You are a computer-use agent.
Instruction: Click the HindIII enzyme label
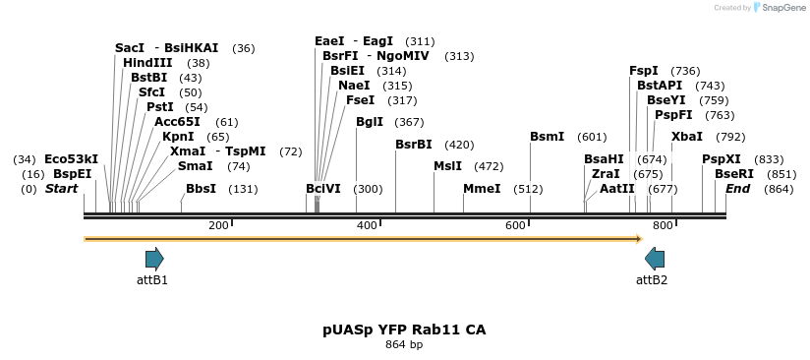147,63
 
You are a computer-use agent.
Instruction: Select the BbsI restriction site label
201,189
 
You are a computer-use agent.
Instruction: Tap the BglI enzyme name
370,122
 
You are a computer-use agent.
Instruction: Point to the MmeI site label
482,189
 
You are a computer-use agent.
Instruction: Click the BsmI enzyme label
548,137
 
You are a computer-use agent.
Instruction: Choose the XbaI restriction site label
687,137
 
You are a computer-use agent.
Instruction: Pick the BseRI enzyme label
734,174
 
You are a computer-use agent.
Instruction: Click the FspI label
644,71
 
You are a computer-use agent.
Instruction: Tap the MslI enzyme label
448,166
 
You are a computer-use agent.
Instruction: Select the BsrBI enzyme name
414,145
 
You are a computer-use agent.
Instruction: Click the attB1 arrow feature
154,259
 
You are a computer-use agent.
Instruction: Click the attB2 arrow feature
655,259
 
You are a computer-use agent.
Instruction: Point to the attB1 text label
152,280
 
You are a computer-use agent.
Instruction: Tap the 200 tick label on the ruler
218,226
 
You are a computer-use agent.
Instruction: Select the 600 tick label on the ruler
515,226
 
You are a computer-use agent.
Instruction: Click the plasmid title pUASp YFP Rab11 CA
404,330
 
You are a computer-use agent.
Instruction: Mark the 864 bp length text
404,345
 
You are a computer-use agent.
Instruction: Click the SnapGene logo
781,8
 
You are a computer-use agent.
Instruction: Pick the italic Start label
61,189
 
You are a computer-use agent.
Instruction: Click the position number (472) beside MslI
489,166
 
